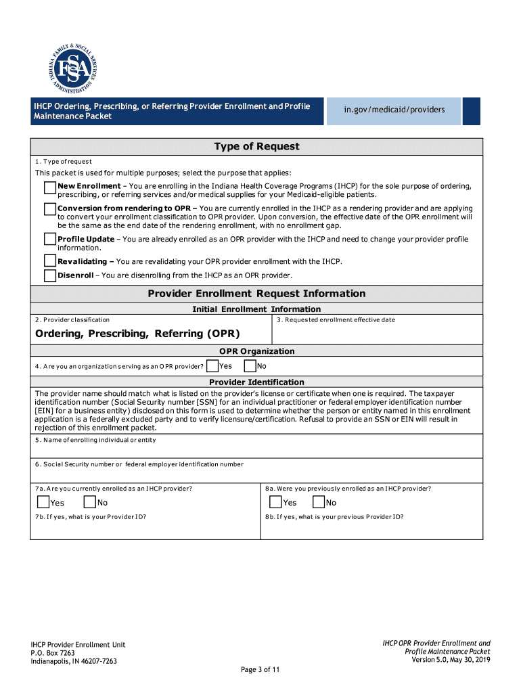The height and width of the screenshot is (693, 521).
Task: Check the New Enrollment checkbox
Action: click(50, 188)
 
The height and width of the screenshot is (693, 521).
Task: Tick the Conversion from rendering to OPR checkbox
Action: click(50, 209)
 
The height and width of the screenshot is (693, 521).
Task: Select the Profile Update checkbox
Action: click(50, 239)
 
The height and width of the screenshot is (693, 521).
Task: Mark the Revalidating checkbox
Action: click(50, 261)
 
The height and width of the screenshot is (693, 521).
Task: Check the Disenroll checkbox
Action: click(50, 275)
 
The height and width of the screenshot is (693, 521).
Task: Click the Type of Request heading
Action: click(256, 147)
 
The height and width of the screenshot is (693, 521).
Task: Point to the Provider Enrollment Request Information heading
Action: click(256, 294)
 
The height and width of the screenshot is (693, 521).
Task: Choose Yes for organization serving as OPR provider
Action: click(212, 366)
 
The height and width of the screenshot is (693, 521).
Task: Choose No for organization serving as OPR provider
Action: click(250, 366)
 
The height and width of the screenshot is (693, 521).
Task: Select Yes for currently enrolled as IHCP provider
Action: click(43, 502)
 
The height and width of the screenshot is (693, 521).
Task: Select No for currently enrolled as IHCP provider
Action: click(89, 502)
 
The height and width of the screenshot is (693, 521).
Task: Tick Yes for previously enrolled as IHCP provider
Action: click(275, 502)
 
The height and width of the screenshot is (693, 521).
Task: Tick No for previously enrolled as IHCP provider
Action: click(318, 502)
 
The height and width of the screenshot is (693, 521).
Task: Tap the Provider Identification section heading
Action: click(256, 382)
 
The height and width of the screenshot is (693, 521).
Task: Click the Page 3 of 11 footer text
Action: click(260, 670)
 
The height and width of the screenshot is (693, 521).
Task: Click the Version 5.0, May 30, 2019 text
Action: click(451, 660)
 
